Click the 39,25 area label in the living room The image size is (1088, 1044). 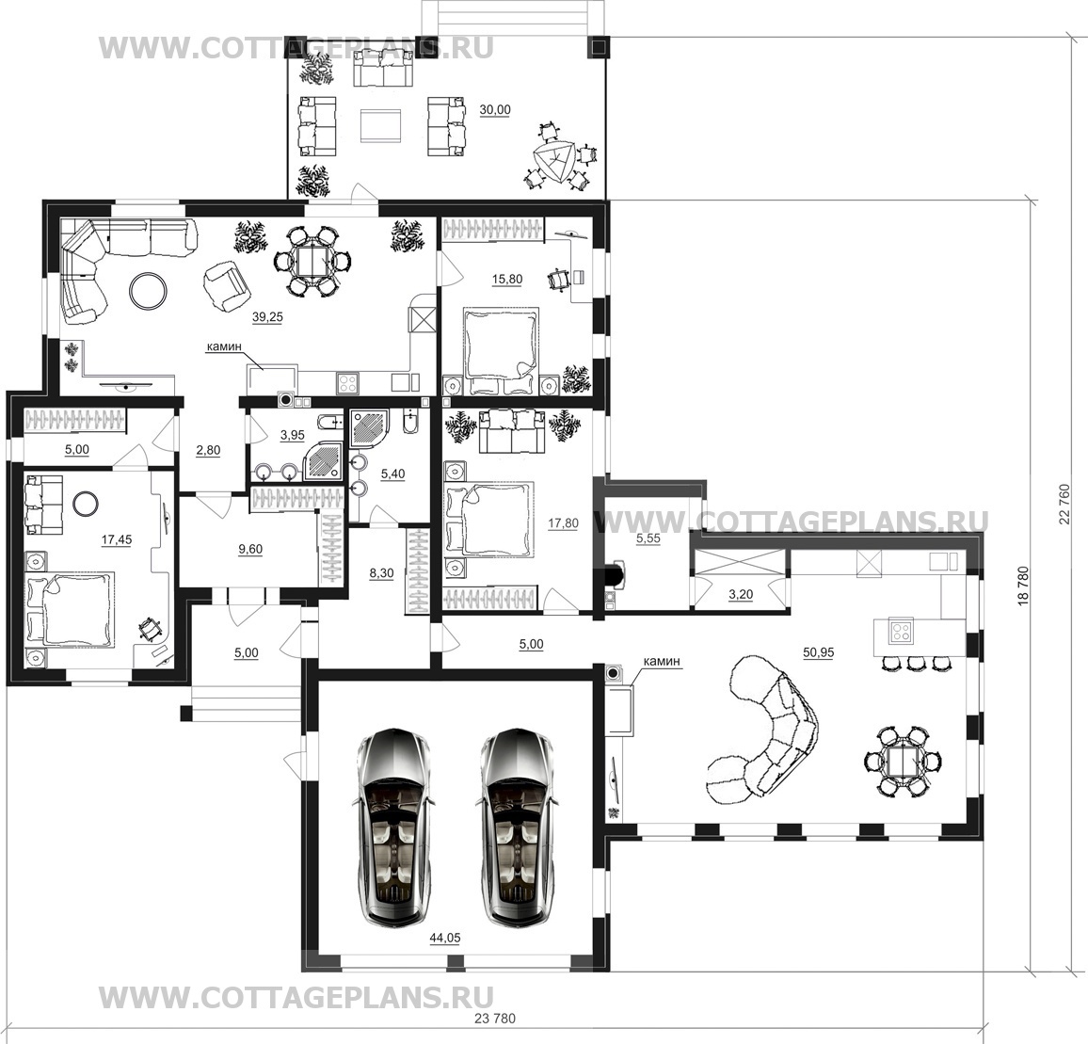pos(267,317)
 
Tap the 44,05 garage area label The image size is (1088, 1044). pos(445,938)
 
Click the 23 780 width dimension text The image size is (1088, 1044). pos(495,1019)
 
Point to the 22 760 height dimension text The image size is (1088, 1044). pos(1065,505)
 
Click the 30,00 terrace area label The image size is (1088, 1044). pos(495,110)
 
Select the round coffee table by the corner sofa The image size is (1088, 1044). pos(148,289)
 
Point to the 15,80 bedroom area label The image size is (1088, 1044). pos(506,279)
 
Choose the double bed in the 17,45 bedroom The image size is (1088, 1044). pos(70,609)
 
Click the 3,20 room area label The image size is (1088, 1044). pos(741,595)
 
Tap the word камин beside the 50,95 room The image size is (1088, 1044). pos(662,662)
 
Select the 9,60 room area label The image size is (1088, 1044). pos(249,549)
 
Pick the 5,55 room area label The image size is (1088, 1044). pos(648,538)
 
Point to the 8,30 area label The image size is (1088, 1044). pos(381,573)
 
